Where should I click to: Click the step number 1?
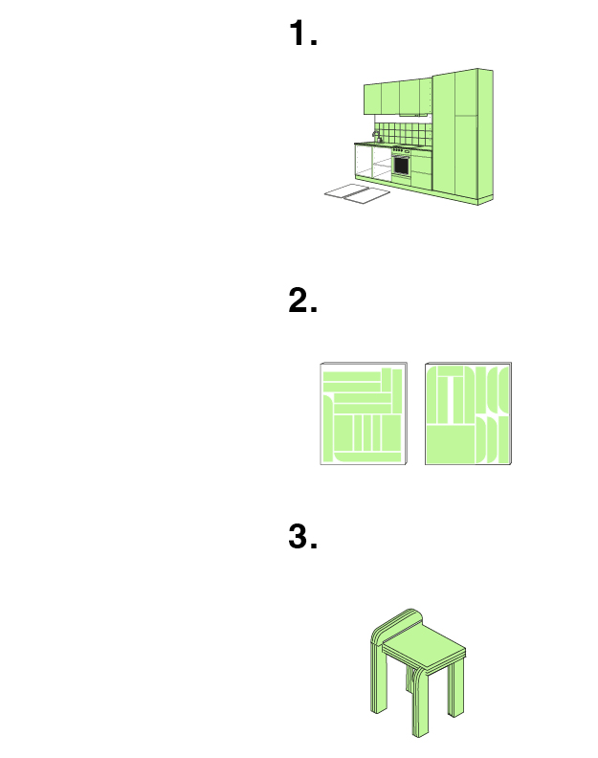click(x=302, y=33)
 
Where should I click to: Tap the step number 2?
click(x=302, y=300)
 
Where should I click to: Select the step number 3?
click(x=302, y=536)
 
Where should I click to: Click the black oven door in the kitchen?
click(x=401, y=166)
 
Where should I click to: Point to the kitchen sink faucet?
click(x=375, y=136)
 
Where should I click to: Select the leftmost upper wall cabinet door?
click(x=372, y=100)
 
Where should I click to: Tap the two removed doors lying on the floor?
click(x=357, y=194)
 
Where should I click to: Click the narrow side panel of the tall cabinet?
click(x=485, y=136)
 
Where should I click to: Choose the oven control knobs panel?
click(x=401, y=150)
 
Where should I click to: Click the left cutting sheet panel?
click(x=364, y=413)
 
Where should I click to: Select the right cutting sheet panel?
click(x=468, y=413)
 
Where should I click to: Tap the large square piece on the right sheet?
click(x=451, y=444)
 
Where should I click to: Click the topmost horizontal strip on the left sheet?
click(x=352, y=376)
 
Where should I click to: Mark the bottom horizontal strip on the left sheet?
click(x=367, y=457)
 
